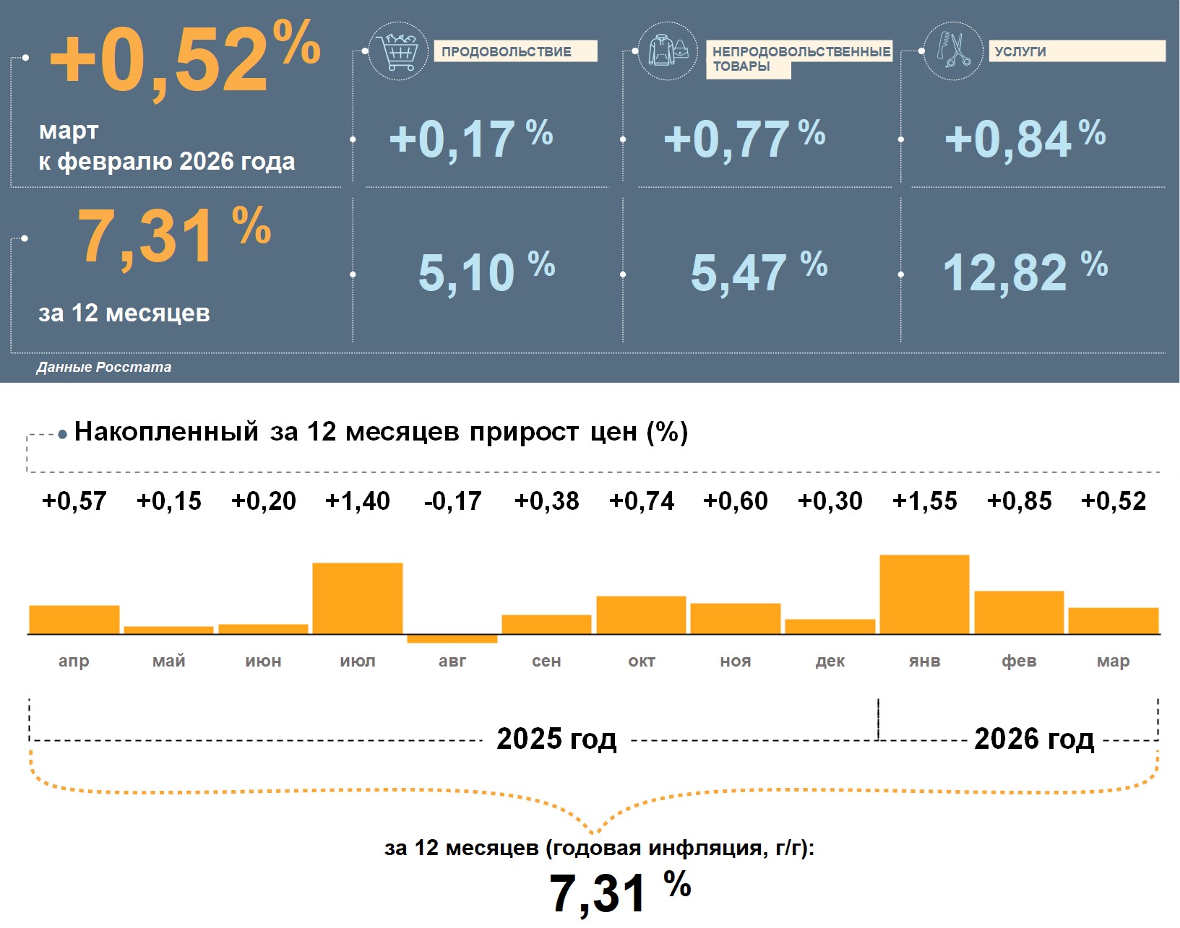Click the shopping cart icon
(398, 51)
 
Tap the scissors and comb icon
(954, 51)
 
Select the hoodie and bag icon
(668, 51)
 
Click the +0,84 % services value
(1025, 139)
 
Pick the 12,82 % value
(1025, 272)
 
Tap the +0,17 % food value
(470, 139)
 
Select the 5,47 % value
(759, 272)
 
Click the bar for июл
(358, 598)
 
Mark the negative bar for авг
(452, 638)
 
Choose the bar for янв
(924, 594)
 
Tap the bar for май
(169, 630)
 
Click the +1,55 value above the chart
(924, 501)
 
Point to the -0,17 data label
(452, 501)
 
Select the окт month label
(642, 661)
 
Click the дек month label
(830, 661)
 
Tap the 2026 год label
(1034, 739)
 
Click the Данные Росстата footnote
(104, 367)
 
